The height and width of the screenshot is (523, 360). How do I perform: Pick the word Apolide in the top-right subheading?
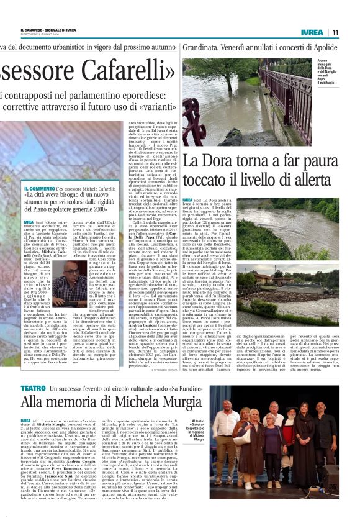320,47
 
